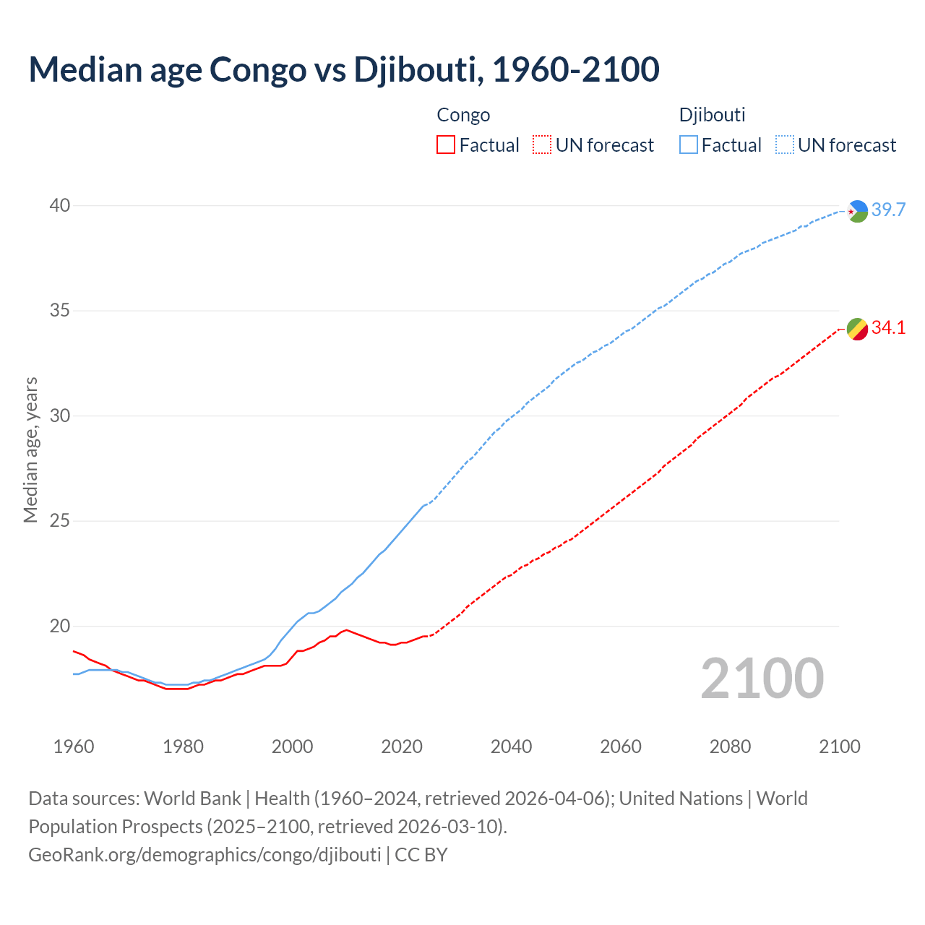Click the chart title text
tap(344, 70)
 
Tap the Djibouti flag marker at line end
tap(857, 211)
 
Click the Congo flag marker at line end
tap(857, 329)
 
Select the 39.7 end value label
tap(888, 210)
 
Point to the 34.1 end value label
tap(888, 328)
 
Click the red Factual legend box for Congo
tap(446, 145)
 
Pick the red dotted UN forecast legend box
tap(542, 145)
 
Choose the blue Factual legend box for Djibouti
tap(689, 145)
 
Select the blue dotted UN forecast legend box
tap(785, 145)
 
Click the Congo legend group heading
tap(463, 115)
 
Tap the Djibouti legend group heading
tap(712, 115)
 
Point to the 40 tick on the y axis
tap(60, 206)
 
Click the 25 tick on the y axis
tap(60, 521)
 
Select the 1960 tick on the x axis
tap(74, 747)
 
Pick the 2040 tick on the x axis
tap(511, 747)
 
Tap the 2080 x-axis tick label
tap(730, 747)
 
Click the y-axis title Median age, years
tap(30, 449)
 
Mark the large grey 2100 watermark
tap(762, 679)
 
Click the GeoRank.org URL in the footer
tap(205, 855)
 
